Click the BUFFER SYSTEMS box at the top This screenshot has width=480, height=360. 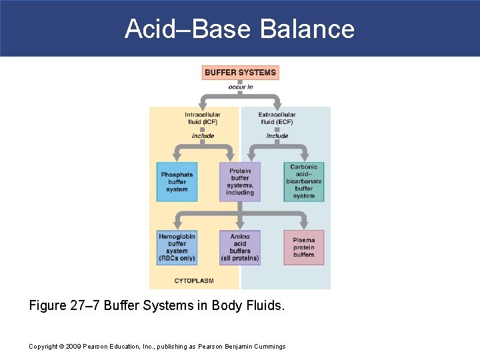240,72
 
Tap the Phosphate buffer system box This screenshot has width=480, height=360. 177,182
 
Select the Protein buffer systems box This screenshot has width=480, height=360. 240,182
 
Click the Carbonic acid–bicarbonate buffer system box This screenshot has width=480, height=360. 303,182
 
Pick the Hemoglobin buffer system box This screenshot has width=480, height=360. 177,247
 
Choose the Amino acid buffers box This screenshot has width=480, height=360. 240,247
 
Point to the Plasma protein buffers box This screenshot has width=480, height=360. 303,247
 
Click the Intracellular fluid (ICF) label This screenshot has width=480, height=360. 203,118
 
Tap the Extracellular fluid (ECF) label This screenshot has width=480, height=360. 277,118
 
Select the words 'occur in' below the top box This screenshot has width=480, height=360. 240,87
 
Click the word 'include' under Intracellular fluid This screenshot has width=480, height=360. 203,136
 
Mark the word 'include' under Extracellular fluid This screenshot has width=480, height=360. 277,136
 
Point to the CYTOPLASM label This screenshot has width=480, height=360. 194,281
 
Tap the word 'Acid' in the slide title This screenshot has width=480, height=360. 148,29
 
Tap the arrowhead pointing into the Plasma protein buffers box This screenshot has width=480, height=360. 303,223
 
